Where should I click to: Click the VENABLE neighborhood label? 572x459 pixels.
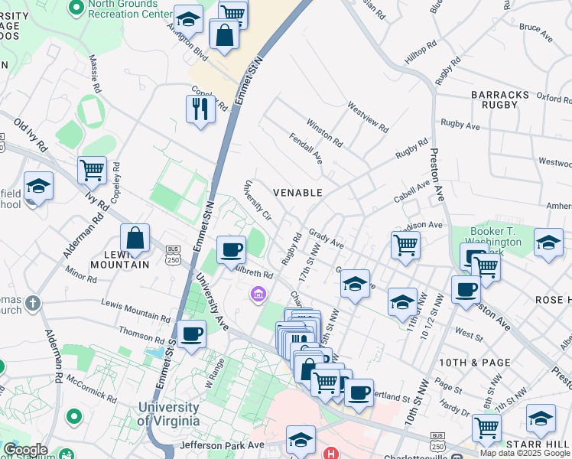[298, 193]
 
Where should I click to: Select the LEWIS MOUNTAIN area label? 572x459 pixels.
[121, 259]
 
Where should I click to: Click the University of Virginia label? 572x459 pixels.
[168, 415]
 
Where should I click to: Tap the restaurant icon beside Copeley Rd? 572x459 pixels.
[200, 109]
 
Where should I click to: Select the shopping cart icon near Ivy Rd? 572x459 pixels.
[92, 170]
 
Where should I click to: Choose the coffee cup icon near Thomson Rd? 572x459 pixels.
[191, 334]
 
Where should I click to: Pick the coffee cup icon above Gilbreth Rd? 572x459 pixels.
[231, 249]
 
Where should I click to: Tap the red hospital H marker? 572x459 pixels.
[330, 454]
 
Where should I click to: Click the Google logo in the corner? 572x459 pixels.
[25, 450]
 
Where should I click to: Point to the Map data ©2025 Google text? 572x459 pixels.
[525, 453]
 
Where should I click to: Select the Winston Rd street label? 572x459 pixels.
[324, 131]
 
